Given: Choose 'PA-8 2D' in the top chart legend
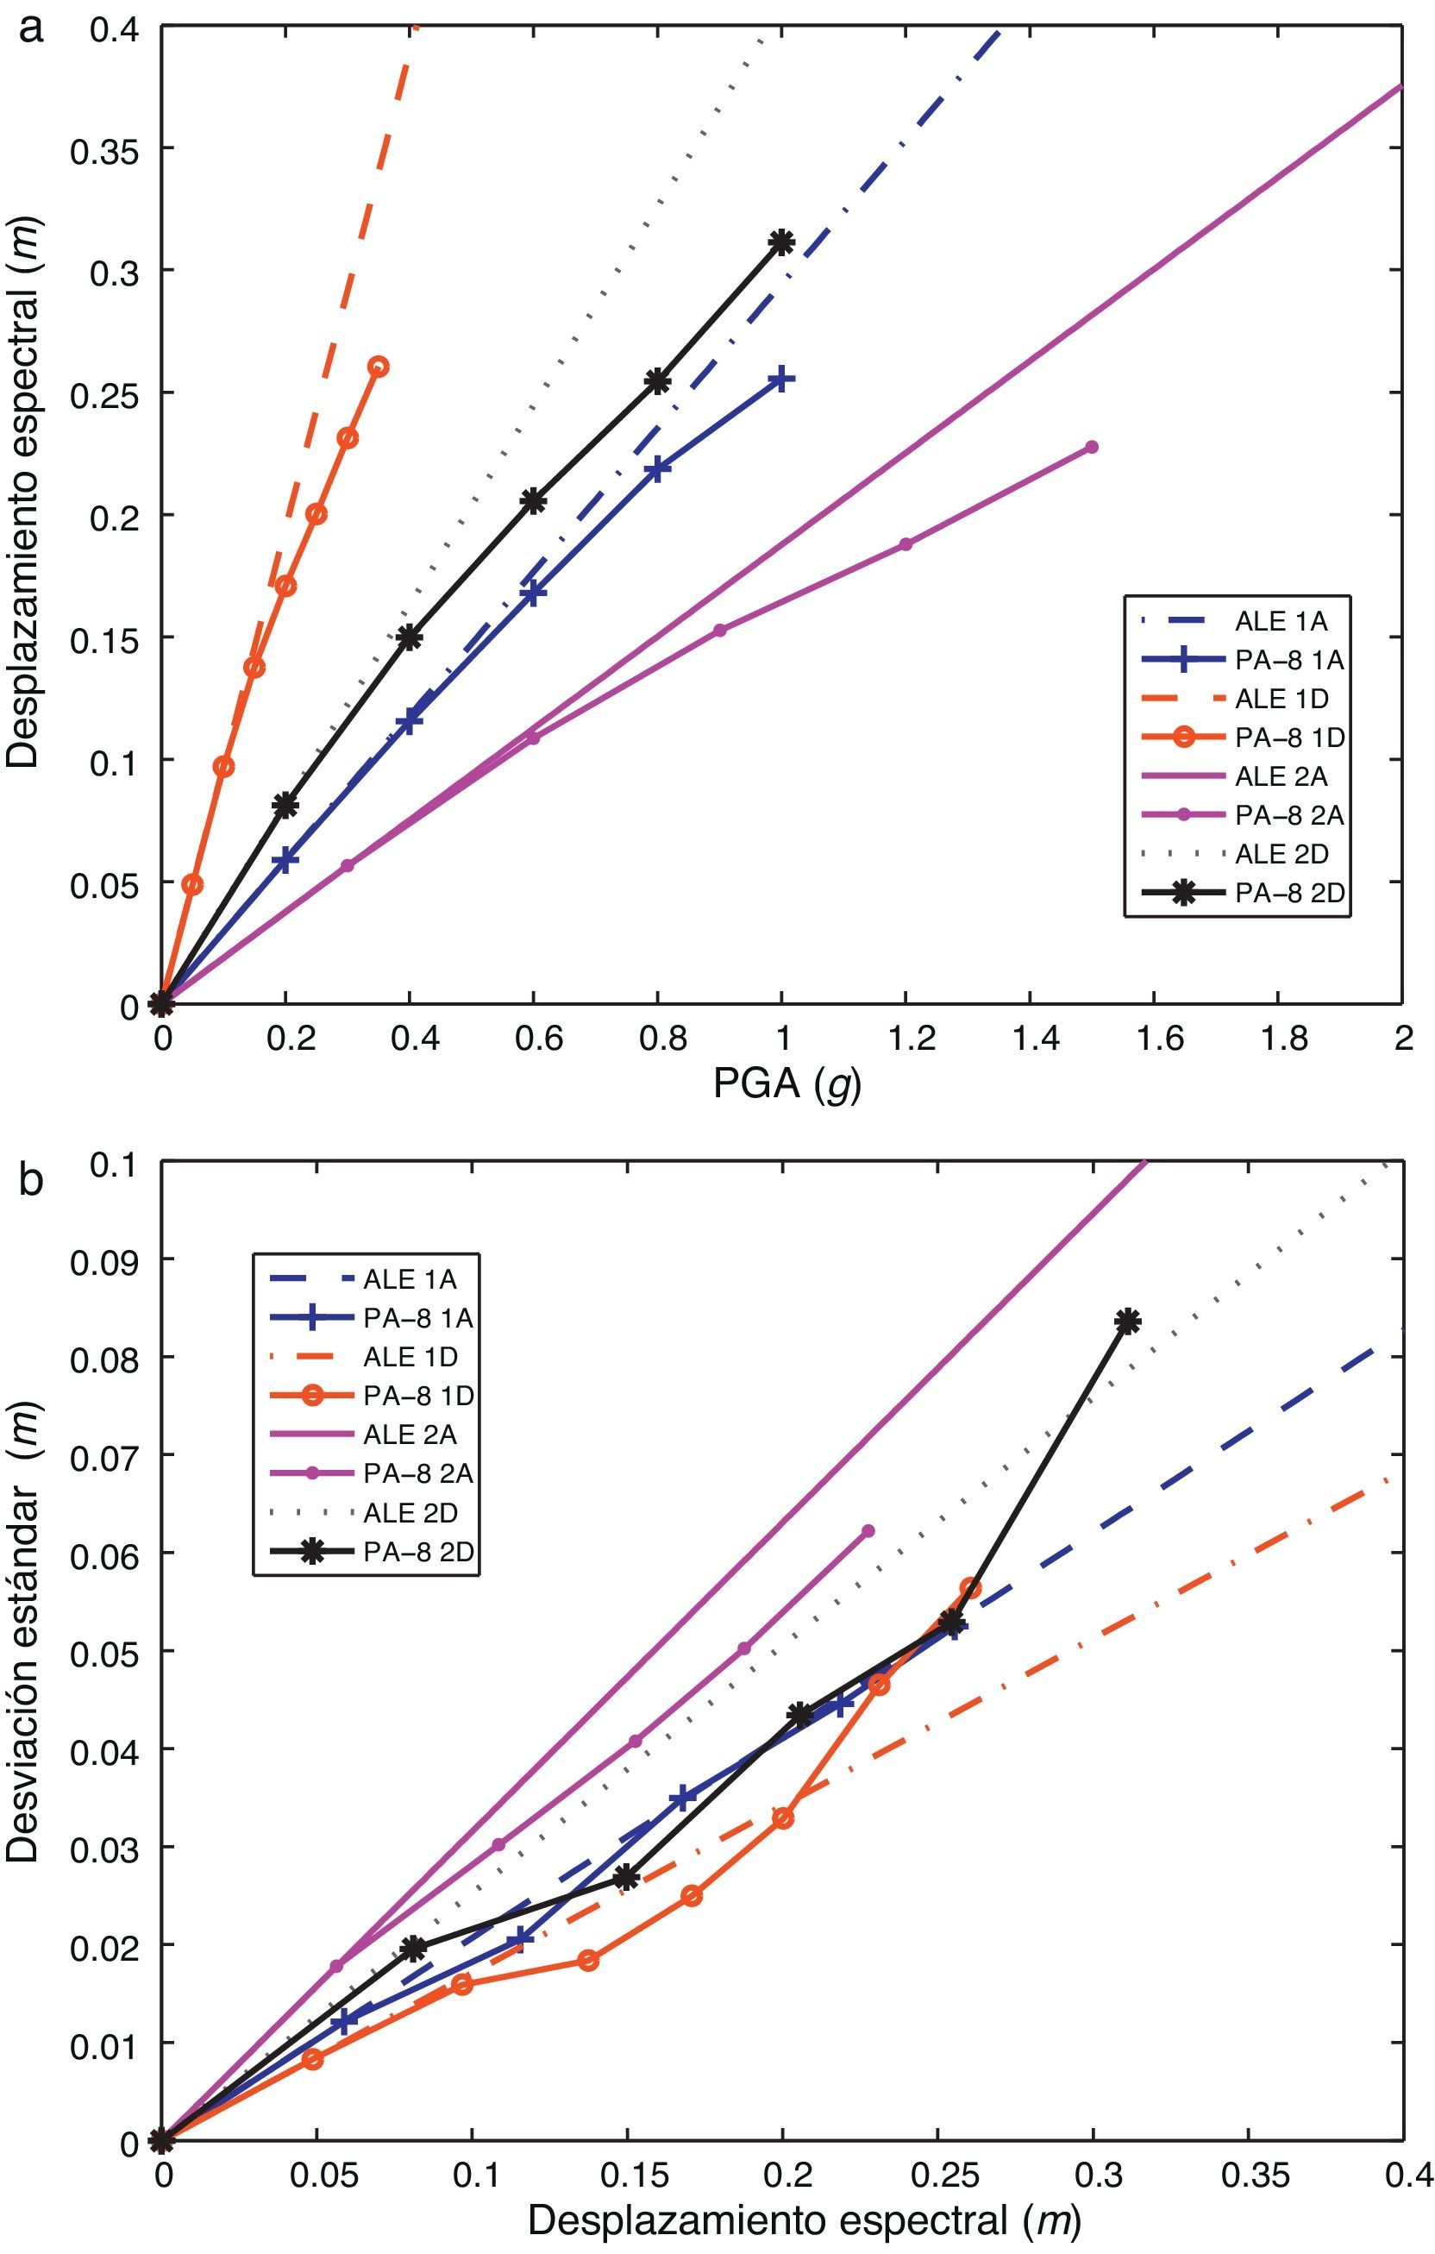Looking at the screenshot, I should (x=1289, y=893).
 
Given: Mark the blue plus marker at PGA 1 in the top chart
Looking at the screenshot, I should (x=781, y=379).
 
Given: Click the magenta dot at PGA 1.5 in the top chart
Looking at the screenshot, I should (x=1092, y=448).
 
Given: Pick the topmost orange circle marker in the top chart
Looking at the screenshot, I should (x=379, y=366).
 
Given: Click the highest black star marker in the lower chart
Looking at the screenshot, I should (x=1128, y=1322).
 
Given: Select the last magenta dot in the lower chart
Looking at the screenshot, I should (x=868, y=1530).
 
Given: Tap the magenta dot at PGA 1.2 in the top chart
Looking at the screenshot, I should (x=905, y=543).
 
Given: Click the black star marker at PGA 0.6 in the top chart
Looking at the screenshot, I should (x=533, y=501).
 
